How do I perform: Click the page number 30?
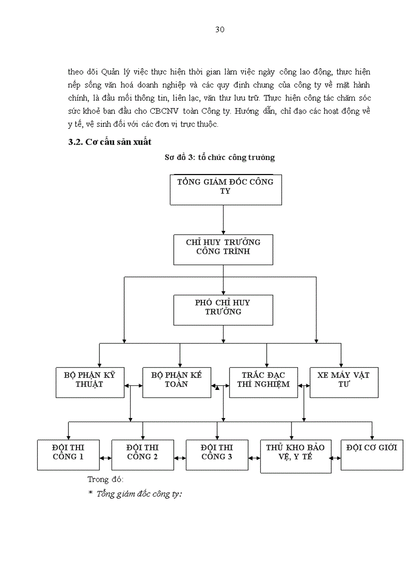[x=220, y=30]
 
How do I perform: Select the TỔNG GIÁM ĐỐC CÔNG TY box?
[x=225, y=189]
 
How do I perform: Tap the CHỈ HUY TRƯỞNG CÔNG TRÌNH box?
[x=223, y=249]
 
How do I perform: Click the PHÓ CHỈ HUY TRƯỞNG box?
[x=223, y=309]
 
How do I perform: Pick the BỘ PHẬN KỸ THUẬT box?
[x=90, y=382]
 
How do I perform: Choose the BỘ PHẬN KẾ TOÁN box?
[x=176, y=382]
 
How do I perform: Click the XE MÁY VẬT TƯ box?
[x=344, y=382]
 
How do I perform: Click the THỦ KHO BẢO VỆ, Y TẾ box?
[x=295, y=456]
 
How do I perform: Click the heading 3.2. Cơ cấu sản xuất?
[x=110, y=142]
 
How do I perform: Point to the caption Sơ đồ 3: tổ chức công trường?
[x=220, y=157]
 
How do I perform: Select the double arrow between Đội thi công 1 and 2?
[x=105, y=458]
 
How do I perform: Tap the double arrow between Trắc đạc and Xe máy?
[x=304, y=386]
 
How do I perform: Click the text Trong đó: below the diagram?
[x=105, y=479]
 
